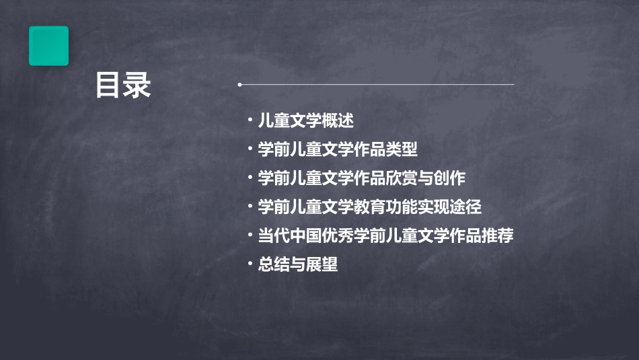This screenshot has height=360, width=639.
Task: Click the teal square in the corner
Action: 48,46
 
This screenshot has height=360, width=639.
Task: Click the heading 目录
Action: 123,85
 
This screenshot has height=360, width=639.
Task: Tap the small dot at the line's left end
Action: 240,85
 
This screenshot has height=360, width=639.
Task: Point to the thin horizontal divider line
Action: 377,85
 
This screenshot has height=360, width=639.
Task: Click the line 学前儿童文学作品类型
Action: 338,149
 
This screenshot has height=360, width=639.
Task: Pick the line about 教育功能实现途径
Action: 370,207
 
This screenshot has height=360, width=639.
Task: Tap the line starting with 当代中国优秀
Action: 386,236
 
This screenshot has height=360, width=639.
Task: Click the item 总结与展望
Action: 298,265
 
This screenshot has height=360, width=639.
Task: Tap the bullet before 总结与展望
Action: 250,264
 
